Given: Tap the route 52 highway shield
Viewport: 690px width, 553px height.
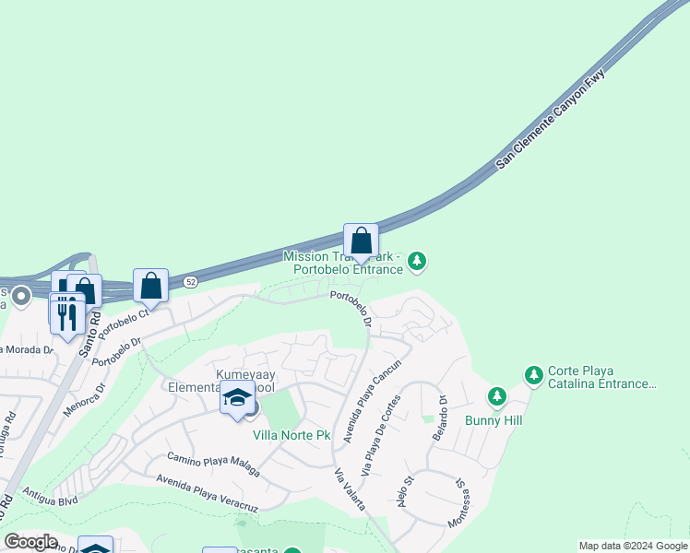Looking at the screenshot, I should coord(191,280).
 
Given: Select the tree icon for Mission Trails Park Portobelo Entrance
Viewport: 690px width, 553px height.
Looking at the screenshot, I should coord(418,263).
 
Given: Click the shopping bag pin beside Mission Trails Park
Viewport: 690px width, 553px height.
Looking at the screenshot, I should coord(362,241).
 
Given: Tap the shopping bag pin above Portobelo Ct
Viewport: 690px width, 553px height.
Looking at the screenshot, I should coord(150,286).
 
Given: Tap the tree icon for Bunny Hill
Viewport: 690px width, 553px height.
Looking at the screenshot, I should coord(497,396).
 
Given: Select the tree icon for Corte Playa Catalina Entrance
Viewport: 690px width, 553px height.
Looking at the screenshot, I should coord(533,375).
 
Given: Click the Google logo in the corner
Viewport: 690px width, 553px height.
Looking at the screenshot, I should coord(31,541).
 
